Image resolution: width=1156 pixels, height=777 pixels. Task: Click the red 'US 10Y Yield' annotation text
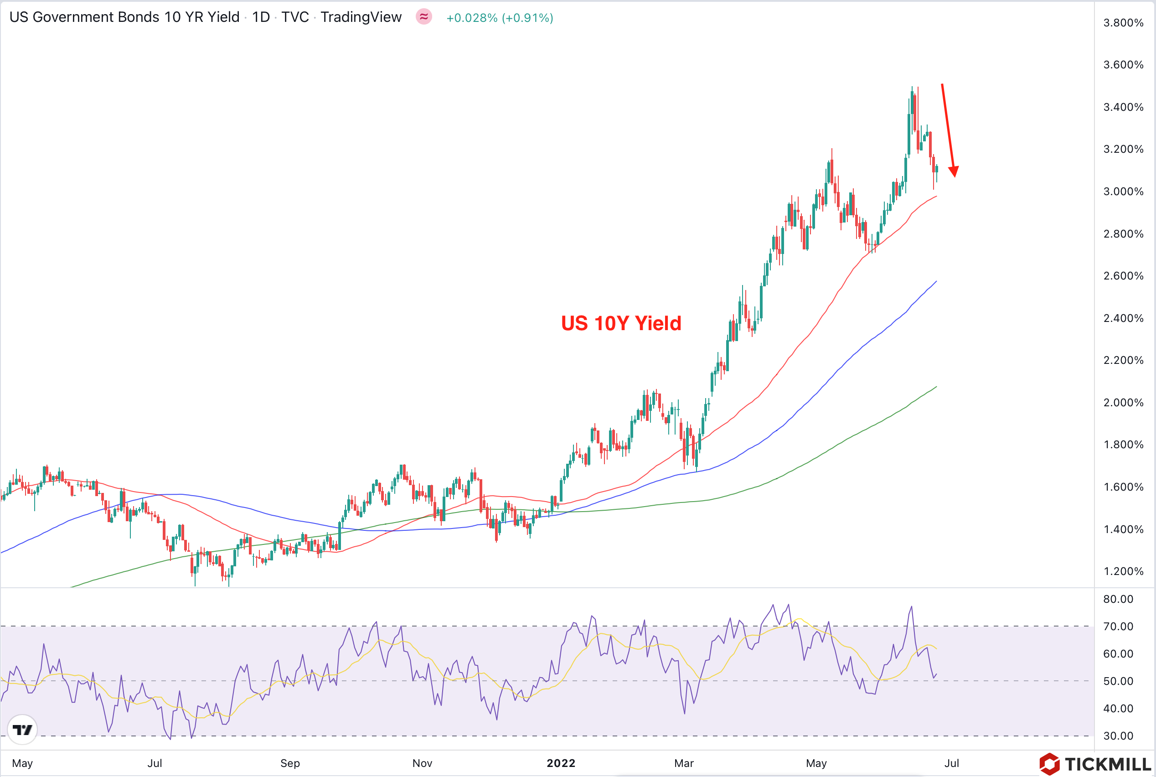coord(621,323)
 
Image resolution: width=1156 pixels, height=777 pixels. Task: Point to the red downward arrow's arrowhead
coord(954,171)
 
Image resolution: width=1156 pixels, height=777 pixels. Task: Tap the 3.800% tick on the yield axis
coord(1123,23)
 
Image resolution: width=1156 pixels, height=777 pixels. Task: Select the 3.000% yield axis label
coord(1123,191)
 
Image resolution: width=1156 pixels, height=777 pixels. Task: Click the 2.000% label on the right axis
coord(1123,402)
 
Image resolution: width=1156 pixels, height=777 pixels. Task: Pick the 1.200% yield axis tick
coord(1123,571)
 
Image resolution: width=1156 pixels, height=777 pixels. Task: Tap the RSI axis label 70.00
coord(1118,627)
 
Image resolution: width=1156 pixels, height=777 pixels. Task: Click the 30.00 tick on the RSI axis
coord(1118,736)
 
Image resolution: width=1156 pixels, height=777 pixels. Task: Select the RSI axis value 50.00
coord(1118,681)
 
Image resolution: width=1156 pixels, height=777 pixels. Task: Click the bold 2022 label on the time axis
coord(561,763)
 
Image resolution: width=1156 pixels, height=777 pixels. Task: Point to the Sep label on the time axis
coord(290,763)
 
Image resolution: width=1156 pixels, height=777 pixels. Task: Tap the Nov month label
coord(422,763)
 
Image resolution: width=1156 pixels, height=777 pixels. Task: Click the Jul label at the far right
coord(951,763)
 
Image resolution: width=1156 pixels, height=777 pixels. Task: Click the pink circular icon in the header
coord(424,17)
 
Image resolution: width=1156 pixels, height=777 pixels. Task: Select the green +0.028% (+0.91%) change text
coord(499,18)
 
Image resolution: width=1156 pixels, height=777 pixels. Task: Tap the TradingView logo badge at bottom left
coord(22,730)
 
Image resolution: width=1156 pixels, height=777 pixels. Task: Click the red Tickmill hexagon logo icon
coord(1049,764)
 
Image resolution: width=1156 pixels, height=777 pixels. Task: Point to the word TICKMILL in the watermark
coord(1108,764)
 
